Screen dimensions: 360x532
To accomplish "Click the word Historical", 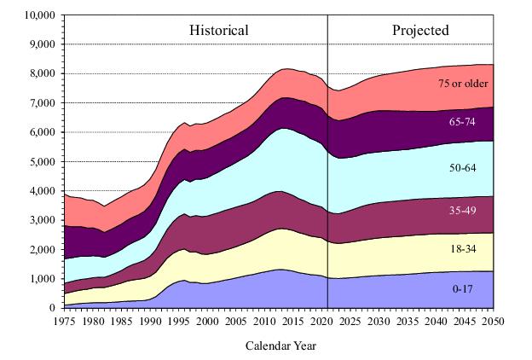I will point(218,31).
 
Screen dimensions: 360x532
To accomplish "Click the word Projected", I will point(420,31).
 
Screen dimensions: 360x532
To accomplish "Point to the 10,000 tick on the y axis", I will point(39,15).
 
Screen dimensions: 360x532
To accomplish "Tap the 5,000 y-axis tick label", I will point(42,161).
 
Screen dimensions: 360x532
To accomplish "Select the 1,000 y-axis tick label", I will point(42,278).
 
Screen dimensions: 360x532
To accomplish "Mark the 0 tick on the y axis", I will point(52,307).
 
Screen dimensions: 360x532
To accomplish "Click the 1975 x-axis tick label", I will point(64,320).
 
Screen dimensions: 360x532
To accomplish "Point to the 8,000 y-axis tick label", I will point(42,73).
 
